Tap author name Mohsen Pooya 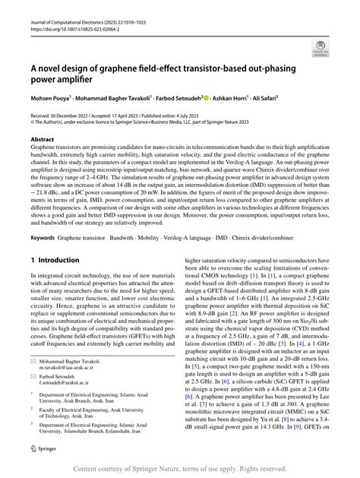pos(50,98)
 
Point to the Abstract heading pos(42,141)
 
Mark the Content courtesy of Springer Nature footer pos(179,469)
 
